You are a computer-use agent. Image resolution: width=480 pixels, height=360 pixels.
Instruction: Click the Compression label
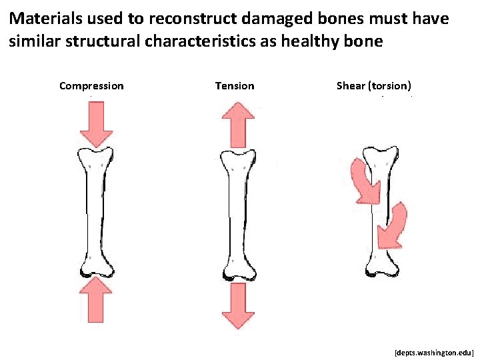(91, 85)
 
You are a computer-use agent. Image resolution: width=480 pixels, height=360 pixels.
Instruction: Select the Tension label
(234, 85)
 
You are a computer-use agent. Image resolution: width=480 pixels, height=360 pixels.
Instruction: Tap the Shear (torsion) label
(374, 85)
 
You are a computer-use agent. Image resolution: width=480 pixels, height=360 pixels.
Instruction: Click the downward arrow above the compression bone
(96, 124)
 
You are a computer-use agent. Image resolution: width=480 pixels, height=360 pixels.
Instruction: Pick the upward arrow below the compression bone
(97, 299)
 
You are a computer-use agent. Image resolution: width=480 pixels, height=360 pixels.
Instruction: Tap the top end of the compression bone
(95, 158)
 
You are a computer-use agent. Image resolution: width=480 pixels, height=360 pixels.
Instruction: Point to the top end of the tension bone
(237, 160)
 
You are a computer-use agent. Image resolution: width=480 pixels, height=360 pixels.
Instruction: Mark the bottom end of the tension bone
(237, 271)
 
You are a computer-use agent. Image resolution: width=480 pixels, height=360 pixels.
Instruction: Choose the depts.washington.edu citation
(433, 350)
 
